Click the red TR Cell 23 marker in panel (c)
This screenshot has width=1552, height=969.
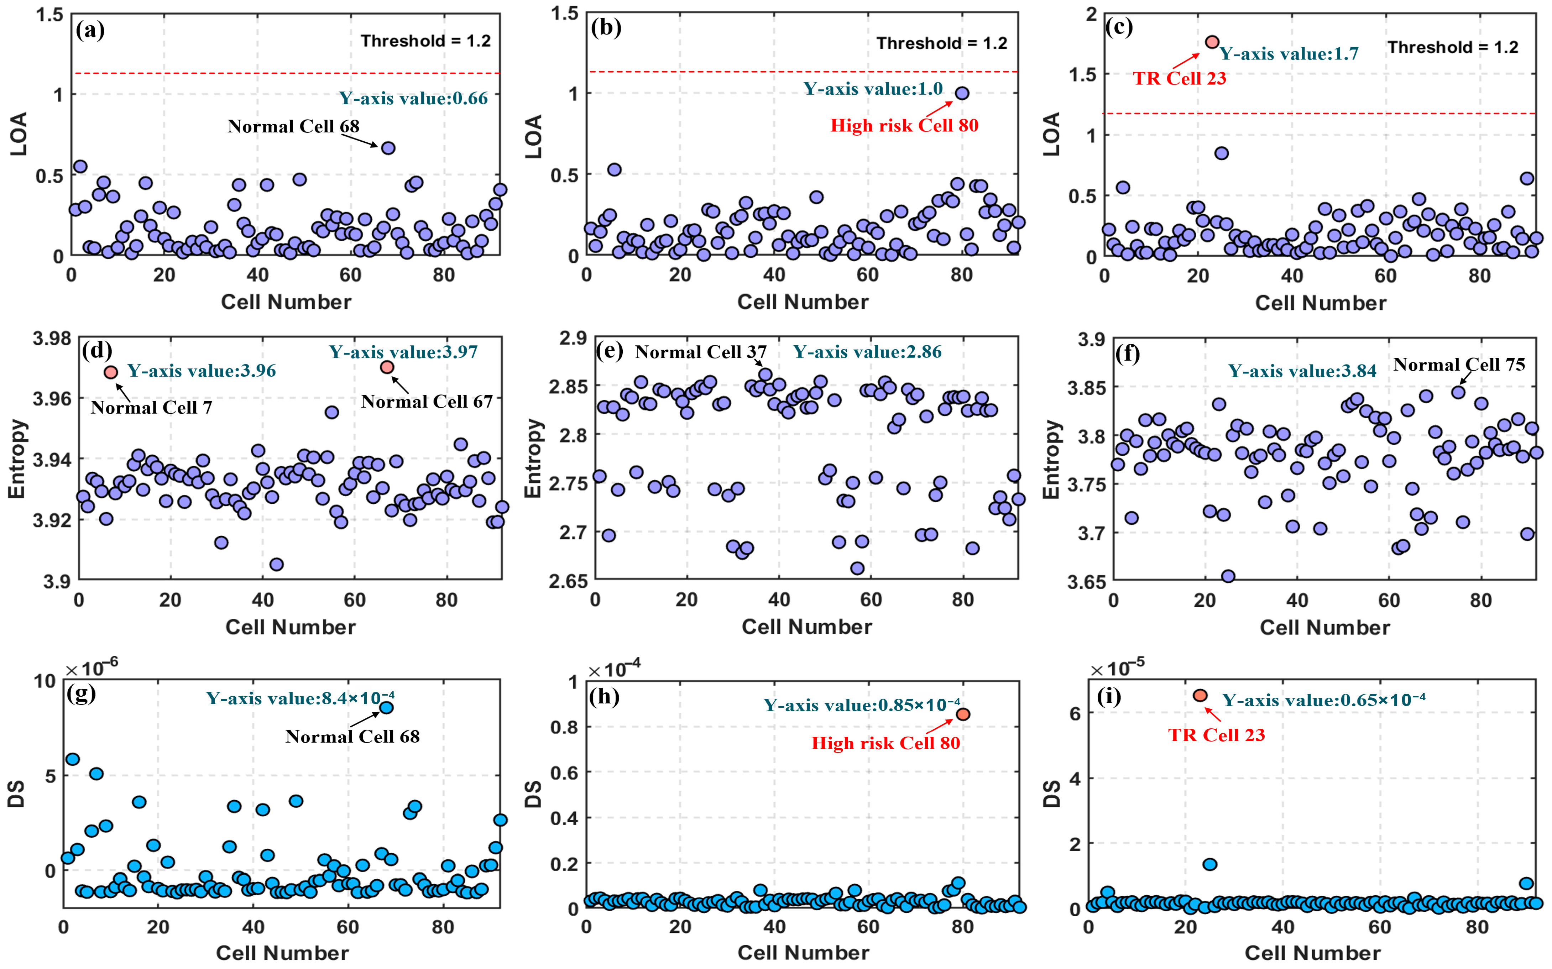pos(1212,42)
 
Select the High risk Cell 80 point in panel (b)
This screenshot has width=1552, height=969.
pos(961,93)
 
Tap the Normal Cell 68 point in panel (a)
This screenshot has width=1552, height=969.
pos(388,148)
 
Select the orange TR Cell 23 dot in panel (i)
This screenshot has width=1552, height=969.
pos(1200,695)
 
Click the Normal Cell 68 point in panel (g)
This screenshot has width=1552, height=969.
pos(386,707)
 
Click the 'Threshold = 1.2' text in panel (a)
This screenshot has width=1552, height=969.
pos(425,41)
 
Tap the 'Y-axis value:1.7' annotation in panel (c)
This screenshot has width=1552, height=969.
pos(1288,54)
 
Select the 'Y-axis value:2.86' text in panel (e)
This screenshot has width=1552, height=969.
pos(867,352)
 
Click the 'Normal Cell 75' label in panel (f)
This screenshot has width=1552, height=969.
pos(1459,365)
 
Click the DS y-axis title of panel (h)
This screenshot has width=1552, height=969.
pos(533,794)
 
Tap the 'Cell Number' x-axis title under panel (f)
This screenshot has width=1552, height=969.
pos(1324,627)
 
